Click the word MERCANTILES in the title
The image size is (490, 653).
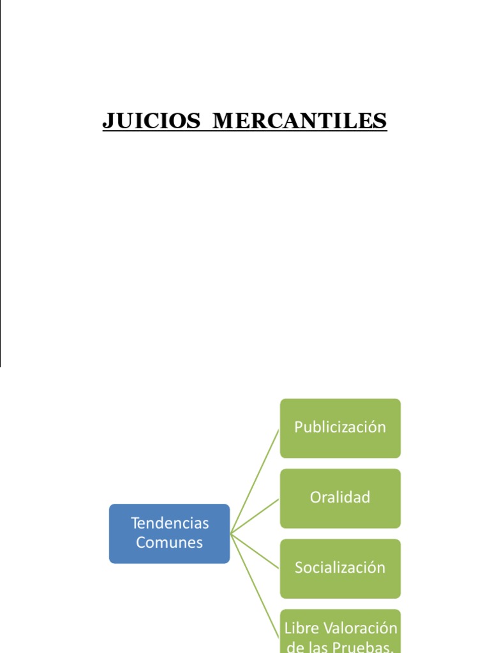(x=299, y=121)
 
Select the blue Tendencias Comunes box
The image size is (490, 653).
(x=169, y=533)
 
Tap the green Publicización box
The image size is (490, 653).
(x=340, y=428)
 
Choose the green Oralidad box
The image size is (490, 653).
(x=340, y=498)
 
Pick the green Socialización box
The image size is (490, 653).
(x=340, y=568)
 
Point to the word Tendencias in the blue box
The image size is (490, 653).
(x=170, y=524)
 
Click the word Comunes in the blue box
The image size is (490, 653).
(x=170, y=543)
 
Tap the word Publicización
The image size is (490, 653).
(x=340, y=427)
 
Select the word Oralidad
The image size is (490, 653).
(x=340, y=497)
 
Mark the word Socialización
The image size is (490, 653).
(x=340, y=568)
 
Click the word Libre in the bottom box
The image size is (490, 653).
(x=299, y=628)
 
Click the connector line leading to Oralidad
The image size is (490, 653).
(x=255, y=516)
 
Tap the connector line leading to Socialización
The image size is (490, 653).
(x=255, y=550)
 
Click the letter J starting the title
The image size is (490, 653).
(x=108, y=121)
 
